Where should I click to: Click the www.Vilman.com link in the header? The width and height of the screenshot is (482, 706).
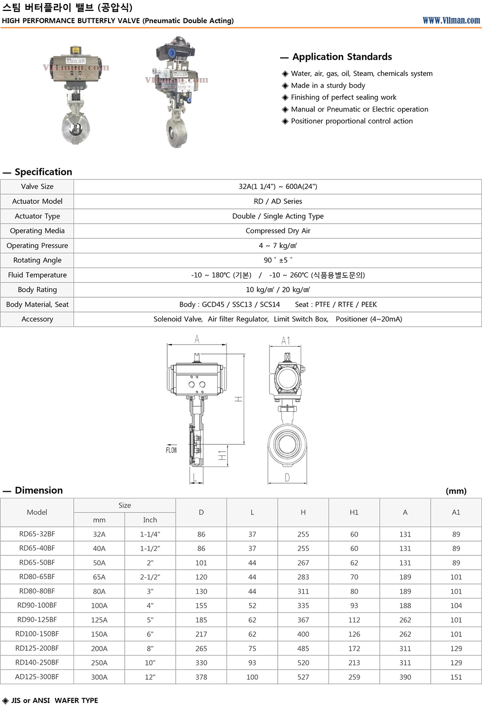(x=451, y=20)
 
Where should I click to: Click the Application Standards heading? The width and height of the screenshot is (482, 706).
(x=342, y=57)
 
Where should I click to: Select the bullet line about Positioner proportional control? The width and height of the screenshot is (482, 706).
(x=351, y=121)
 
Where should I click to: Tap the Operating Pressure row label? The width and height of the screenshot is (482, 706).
(x=37, y=245)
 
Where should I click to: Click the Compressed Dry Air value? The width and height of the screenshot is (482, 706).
(x=278, y=231)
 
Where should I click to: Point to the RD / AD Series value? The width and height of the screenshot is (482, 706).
(x=278, y=201)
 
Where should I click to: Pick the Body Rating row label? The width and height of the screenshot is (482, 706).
(x=37, y=290)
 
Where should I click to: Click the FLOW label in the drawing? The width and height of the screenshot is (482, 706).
(x=171, y=450)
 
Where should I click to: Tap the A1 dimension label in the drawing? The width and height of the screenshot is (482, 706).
(x=286, y=341)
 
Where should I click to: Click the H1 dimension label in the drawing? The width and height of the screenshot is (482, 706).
(x=222, y=456)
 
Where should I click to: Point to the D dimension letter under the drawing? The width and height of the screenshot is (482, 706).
(x=287, y=477)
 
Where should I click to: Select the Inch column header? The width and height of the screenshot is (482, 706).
(x=150, y=520)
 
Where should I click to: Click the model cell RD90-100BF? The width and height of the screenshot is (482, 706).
(x=37, y=605)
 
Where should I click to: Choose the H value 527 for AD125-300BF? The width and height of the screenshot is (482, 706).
(x=303, y=677)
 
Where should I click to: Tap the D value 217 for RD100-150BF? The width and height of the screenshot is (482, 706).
(x=201, y=634)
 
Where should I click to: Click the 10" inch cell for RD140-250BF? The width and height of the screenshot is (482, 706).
(x=150, y=663)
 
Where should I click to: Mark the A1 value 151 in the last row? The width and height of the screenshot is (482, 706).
(x=456, y=677)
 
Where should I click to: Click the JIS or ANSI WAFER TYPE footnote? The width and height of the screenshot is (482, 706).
(x=54, y=700)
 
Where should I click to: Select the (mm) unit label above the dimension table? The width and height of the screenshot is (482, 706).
(x=456, y=491)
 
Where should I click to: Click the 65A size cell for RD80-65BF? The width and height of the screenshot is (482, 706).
(x=99, y=577)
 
